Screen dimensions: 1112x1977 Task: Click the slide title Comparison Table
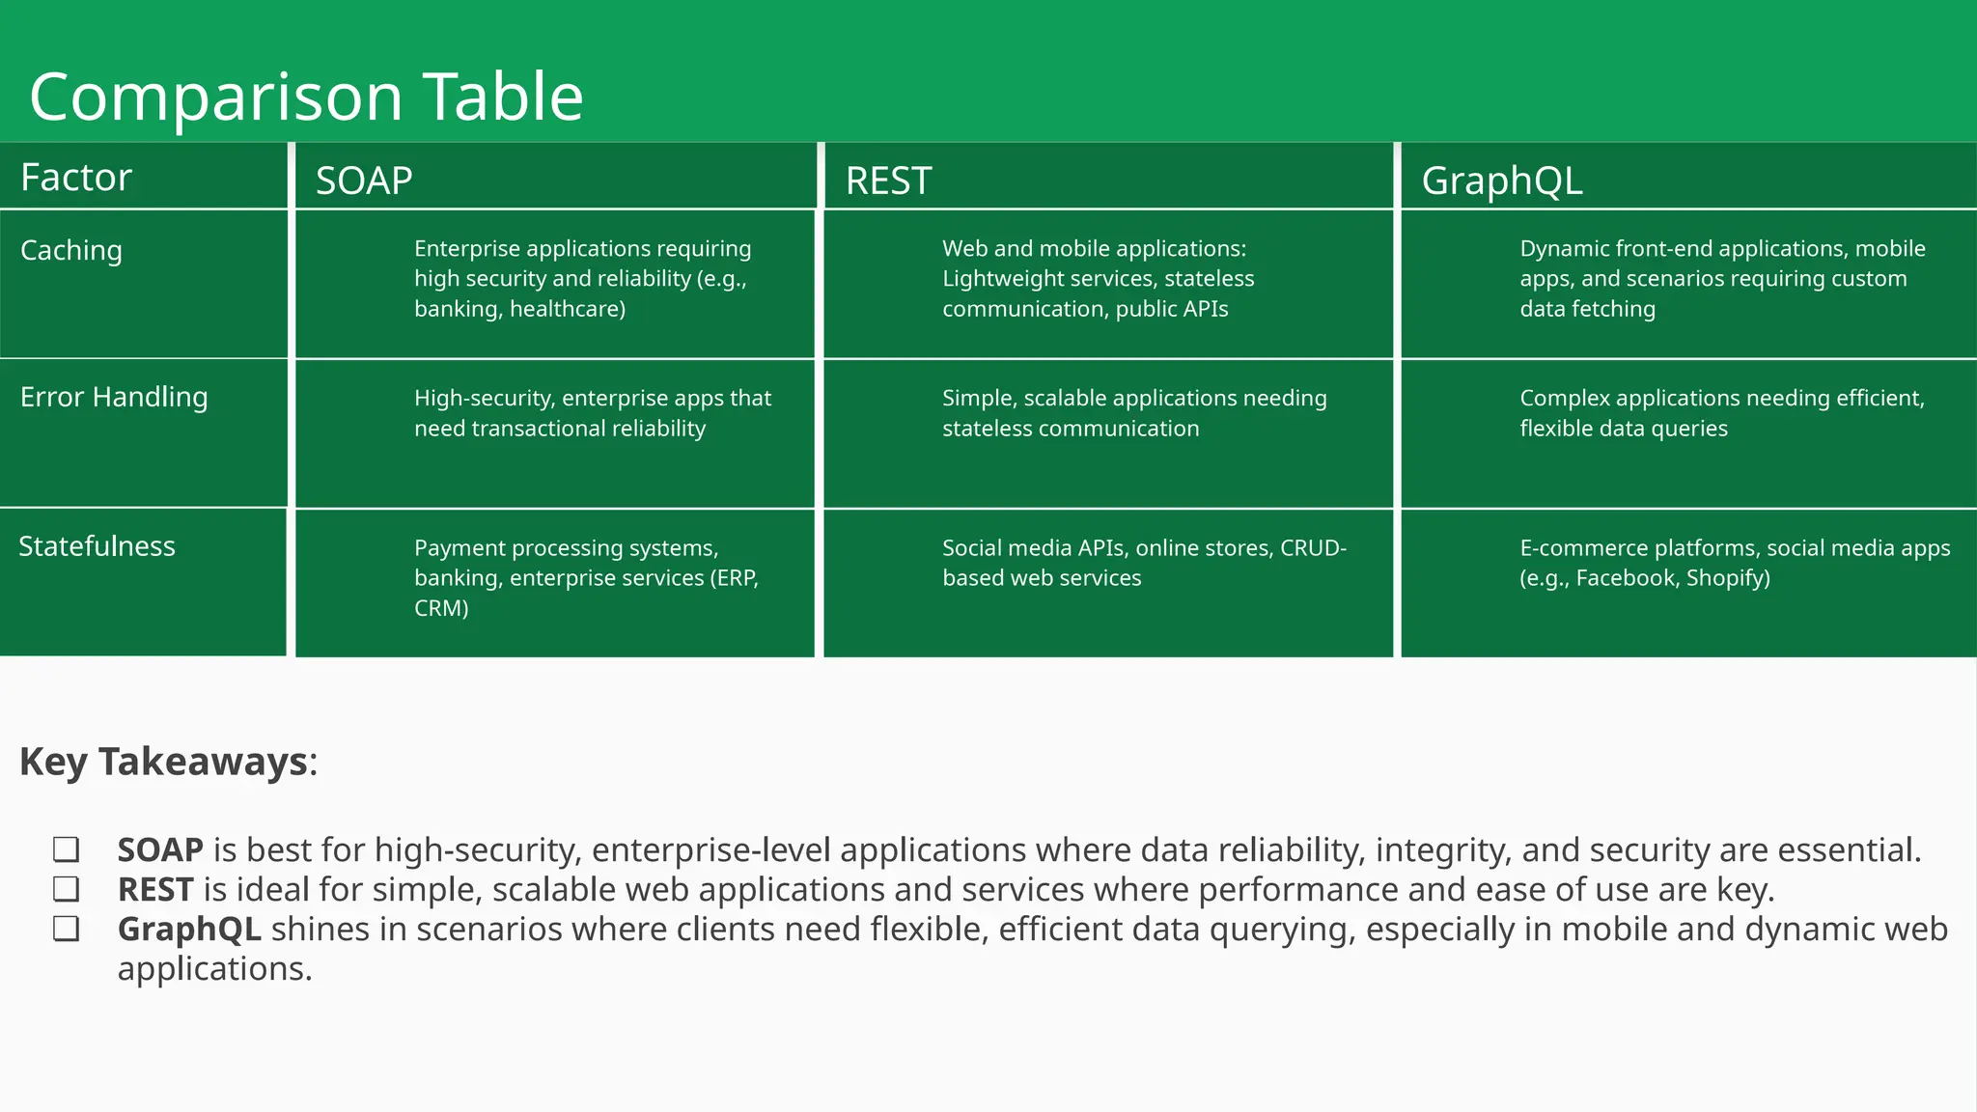[306, 97]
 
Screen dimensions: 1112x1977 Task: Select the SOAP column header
[364, 181]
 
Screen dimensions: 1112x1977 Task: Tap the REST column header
[888, 181]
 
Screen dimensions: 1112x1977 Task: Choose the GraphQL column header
[1501, 181]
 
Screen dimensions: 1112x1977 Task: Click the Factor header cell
[75, 178]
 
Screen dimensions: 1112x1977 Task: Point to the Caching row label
[71, 250]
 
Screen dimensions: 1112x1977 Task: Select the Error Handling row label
[114, 397]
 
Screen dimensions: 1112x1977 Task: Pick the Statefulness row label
[97, 546]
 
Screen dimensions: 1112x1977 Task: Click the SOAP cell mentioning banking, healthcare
[582, 279]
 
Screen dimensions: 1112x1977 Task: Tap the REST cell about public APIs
[1098, 279]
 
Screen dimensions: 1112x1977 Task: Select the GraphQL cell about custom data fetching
[1721, 279]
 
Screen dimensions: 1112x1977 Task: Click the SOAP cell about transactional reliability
[592, 413]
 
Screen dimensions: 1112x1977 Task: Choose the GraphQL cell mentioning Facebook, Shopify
[1734, 563]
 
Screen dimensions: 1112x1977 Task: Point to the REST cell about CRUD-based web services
[1144, 563]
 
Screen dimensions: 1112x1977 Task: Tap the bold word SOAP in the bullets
[160, 849]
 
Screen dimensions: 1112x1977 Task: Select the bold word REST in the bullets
[155, 889]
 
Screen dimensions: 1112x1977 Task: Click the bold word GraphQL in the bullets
[189, 929]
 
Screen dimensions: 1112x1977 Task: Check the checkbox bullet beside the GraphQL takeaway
[66, 929]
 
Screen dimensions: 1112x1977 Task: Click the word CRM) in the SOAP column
[441, 608]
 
